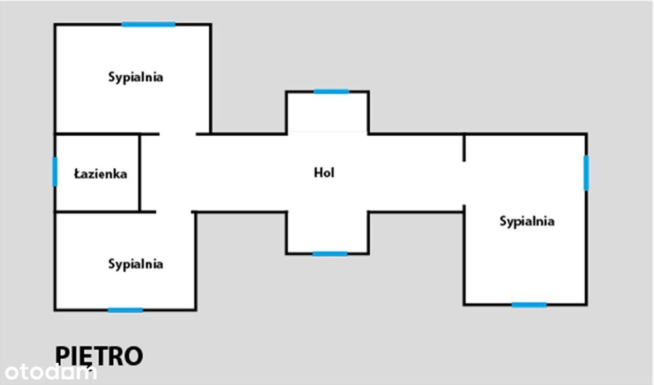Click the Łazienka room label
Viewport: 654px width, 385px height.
pos(101,174)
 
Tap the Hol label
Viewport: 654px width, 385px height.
pos(324,172)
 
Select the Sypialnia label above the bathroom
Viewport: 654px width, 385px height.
pos(135,77)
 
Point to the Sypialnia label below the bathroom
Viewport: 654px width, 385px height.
pos(135,265)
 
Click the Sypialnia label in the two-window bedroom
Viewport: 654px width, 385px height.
pos(527,221)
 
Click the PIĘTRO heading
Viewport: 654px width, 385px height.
pos(99,356)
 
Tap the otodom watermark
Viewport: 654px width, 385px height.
pos(50,372)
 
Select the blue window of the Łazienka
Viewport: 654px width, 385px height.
pos(55,172)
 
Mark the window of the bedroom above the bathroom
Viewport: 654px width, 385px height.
pos(148,24)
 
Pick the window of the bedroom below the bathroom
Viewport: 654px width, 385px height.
pos(125,310)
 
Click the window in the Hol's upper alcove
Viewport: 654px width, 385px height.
pos(332,92)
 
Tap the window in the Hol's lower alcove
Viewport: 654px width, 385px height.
pos(330,254)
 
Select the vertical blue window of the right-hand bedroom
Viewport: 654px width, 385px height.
pos(587,172)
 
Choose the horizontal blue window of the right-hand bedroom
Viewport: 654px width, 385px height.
pos(529,305)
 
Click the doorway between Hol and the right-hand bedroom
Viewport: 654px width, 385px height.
pos(464,183)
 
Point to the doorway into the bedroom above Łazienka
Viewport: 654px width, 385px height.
pos(178,134)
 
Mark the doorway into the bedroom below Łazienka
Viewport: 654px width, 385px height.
pos(174,212)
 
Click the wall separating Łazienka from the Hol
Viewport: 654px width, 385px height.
pos(140,173)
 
